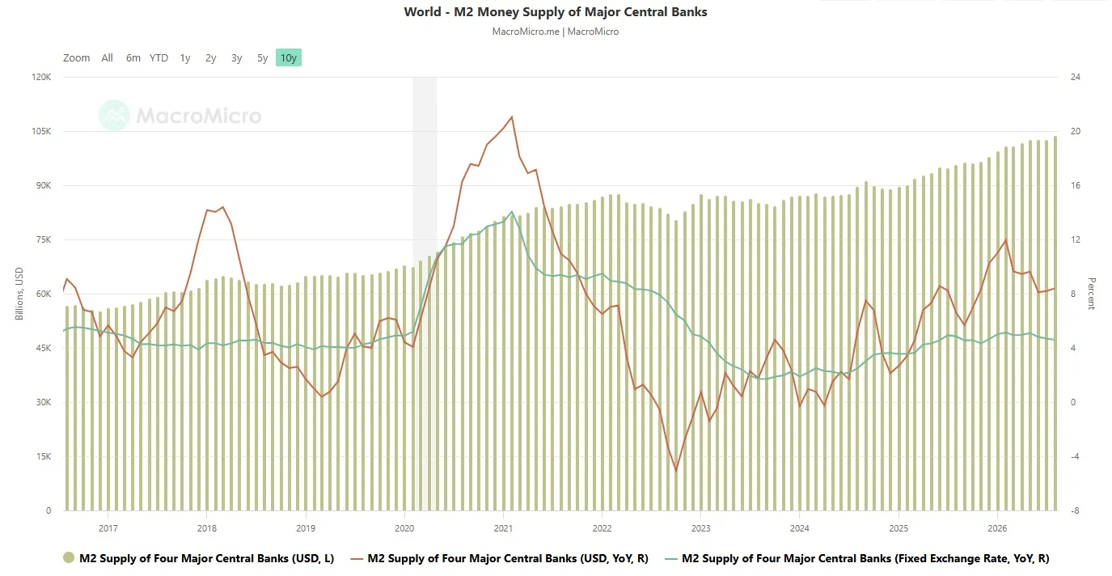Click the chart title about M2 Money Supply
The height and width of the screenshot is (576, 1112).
tap(555, 12)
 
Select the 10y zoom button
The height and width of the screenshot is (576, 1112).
tap(289, 57)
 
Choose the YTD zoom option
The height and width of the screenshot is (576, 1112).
tap(159, 57)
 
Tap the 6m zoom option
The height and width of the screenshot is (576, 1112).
tap(133, 57)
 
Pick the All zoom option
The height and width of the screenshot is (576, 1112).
tap(108, 57)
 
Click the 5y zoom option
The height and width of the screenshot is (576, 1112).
tap(263, 58)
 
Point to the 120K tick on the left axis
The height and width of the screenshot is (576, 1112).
tap(41, 77)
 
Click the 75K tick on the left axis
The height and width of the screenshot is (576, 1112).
tap(43, 239)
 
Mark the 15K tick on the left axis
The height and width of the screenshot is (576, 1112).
tap(44, 456)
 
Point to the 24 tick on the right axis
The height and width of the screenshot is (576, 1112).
tap(1076, 77)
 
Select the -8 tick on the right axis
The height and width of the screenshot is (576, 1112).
tap(1075, 510)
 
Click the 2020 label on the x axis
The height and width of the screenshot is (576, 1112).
tap(404, 528)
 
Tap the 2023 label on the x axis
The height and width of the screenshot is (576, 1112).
tap(700, 528)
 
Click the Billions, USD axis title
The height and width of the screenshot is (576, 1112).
tap(19, 294)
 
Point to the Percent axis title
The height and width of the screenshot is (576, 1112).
tap(1092, 294)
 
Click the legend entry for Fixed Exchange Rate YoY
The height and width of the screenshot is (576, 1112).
tap(857, 559)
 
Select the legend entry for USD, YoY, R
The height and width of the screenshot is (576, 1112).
tap(500, 559)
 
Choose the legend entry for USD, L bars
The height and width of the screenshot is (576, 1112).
tap(199, 558)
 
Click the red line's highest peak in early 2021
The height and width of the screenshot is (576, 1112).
tap(512, 117)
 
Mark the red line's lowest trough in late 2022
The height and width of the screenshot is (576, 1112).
tap(675, 470)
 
